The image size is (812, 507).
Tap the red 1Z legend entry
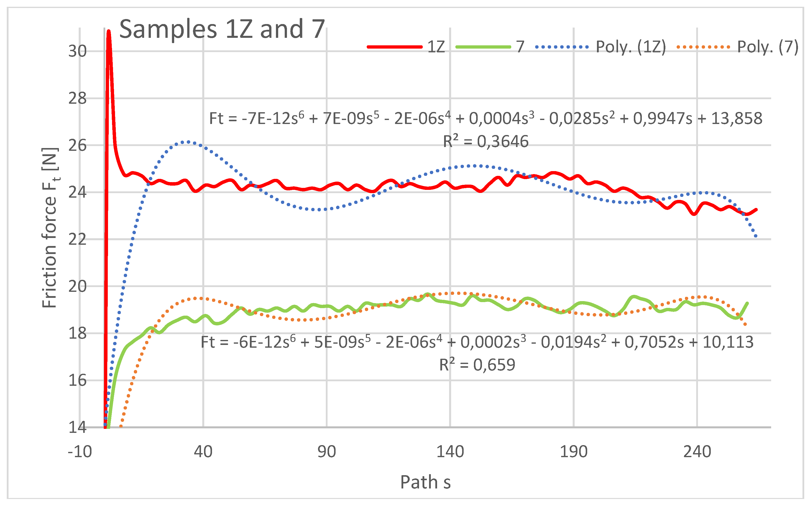click(x=406, y=47)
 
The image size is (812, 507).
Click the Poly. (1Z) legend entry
click(x=600, y=47)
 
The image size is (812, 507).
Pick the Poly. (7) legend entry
click(x=738, y=47)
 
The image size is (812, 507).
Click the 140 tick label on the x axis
click(x=450, y=452)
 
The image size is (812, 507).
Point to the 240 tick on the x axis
click(x=697, y=452)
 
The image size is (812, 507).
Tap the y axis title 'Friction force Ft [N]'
click(x=50, y=228)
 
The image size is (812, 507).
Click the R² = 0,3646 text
click(x=485, y=141)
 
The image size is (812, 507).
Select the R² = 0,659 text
click(x=477, y=364)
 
